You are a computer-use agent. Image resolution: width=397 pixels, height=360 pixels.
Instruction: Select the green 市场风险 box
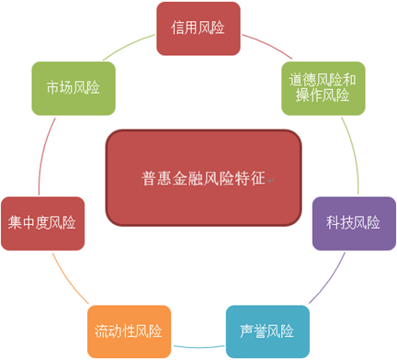pos(74,87)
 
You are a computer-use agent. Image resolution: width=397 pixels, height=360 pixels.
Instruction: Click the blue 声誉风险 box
pos(267,331)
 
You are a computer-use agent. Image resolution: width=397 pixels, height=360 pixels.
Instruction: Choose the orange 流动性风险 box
pos(129,331)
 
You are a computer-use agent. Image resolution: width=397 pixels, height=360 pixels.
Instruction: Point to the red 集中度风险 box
pos(42,223)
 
